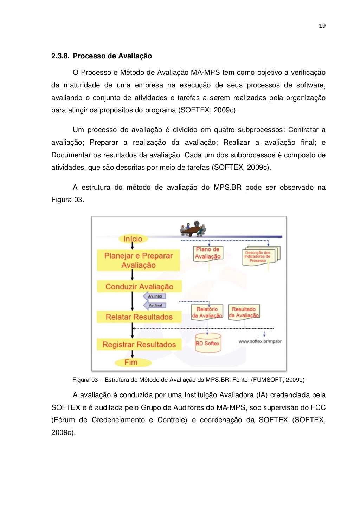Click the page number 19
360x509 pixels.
(x=322, y=26)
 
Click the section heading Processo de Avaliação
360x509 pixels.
(x=112, y=56)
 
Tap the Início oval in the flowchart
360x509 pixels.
(x=133, y=239)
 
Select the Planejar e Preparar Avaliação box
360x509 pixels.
(x=138, y=260)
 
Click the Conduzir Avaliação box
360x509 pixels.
(x=139, y=287)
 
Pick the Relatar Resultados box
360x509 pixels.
(x=139, y=317)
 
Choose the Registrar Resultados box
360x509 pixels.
(x=139, y=345)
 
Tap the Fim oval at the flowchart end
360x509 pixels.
(x=131, y=362)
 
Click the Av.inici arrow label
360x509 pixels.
(x=155, y=296)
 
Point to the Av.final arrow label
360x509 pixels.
(x=155, y=305)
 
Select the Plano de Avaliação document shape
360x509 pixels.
(x=208, y=253)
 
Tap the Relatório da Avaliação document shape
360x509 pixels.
(x=207, y=312)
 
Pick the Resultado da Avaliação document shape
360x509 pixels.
(x=244, y=312)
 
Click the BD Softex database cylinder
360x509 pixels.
(x=208, y=343)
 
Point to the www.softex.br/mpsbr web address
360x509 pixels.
(x=260, y=341)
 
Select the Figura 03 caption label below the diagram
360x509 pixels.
(x=85, y=380)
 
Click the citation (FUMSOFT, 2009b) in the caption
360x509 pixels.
(x=278, y=380)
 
